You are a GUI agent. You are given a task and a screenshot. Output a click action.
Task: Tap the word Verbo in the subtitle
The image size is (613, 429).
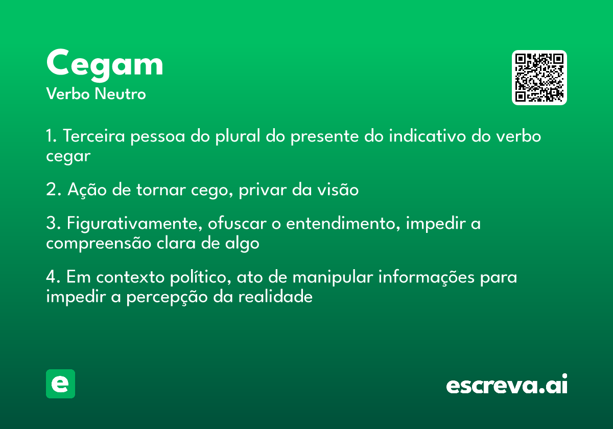(x=68, y=94)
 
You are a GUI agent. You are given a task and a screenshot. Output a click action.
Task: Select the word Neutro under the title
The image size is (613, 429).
(x=121, y=94)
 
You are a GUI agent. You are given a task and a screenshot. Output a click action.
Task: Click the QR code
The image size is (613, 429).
(x=539, y=78)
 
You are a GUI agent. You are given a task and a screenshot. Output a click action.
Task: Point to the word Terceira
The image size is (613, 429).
(x=94, y=136)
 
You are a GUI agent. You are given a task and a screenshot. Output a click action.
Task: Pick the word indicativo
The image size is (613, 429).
(x=427, y=136)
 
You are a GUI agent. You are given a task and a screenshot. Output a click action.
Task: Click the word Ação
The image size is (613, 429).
(x=87, y=190)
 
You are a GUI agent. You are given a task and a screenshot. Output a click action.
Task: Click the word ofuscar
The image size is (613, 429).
(x=237, y=223)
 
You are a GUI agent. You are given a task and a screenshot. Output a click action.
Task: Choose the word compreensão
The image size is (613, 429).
(x=99, y=244)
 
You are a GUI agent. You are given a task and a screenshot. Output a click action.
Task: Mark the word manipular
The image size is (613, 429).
(x=333, y=278)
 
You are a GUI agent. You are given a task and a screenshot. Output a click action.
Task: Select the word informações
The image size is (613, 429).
(x=427, y=278)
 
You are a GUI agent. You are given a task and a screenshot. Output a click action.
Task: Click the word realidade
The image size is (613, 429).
(x=275, y=297)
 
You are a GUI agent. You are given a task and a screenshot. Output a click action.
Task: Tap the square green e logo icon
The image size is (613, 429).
(x=60, y=384)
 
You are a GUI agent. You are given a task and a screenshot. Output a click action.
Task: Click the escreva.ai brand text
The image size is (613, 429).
(x=507, y=384)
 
